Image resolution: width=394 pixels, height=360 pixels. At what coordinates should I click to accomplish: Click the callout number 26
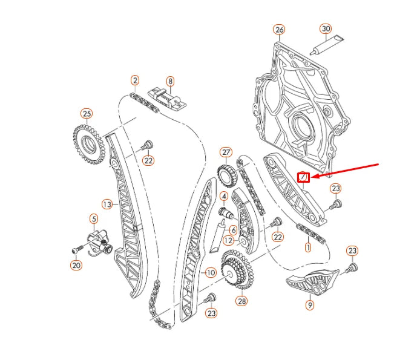click(278, 29)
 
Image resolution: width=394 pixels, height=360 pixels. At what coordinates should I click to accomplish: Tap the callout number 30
click(326, 29)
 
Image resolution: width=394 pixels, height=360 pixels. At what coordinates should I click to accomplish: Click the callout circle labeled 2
click(134, 80)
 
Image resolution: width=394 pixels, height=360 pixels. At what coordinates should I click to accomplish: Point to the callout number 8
click(170, 80)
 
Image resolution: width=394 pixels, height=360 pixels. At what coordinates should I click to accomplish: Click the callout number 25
click(87, 113)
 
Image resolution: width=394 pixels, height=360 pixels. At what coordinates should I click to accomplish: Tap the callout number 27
click(226, 152)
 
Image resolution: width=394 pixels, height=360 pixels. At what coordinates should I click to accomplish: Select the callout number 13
click(107, 205)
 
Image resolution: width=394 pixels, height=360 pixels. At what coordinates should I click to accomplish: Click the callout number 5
click(94, 218)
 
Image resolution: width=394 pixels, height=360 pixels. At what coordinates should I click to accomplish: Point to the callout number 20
click(76, 264)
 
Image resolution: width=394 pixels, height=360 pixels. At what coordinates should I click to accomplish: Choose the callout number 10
click(210, 273)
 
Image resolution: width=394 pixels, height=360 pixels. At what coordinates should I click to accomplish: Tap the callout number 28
click(242, 301)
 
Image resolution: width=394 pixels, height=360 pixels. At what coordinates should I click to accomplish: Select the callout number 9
click(310, 306)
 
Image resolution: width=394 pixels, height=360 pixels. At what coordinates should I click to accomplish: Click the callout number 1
click(307, 247)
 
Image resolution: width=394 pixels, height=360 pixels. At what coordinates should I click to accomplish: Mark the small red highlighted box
click(304, 177)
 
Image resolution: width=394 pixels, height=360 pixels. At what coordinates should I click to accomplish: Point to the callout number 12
click(228, 240)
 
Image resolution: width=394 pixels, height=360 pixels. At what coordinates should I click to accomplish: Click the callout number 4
click(224, 196)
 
